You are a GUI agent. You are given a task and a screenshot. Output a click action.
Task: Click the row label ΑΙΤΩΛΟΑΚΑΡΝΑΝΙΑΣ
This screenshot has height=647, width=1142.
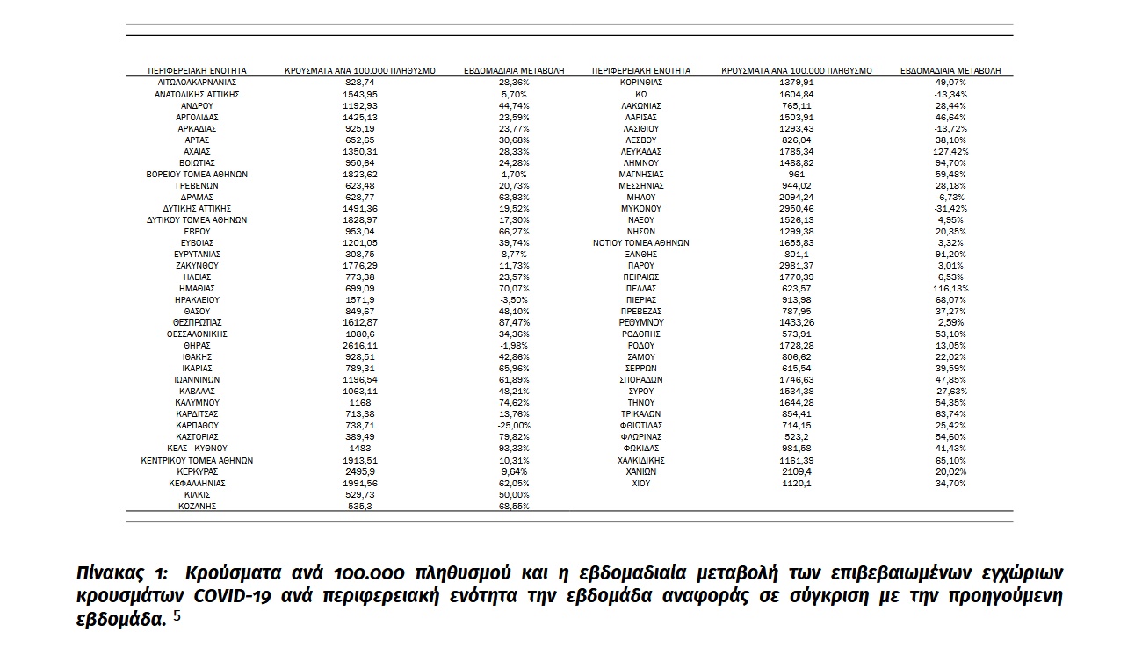pos(197,82)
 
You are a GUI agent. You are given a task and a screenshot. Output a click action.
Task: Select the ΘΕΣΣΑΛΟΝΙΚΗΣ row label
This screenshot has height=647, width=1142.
pos(197,334)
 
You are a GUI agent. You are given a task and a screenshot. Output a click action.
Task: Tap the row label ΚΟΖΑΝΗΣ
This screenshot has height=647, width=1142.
pos(197,507)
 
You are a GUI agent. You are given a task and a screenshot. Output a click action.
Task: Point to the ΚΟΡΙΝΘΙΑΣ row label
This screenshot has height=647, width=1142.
pos(640,82)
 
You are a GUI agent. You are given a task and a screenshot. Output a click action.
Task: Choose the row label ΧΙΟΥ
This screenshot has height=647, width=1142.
pos(640,484)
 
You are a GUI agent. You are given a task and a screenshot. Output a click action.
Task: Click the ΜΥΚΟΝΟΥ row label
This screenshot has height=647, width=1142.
pos(640,208)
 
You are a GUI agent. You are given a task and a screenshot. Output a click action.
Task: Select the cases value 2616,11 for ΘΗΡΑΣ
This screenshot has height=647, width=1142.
pos(362,346)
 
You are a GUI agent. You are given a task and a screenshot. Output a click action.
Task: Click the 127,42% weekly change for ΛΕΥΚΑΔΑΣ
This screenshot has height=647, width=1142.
pos(950,151)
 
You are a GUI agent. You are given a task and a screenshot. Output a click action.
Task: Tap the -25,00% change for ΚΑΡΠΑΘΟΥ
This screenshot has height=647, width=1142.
pos(514,426)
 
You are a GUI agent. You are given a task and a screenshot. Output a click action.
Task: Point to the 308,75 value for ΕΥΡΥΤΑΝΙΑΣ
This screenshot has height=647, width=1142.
pos(362,254)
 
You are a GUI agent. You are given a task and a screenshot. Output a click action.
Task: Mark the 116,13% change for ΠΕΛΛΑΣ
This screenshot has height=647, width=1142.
pos(950,288)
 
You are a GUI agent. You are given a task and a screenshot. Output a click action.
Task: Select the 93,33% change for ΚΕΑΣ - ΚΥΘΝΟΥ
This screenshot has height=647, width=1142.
pos(514,449)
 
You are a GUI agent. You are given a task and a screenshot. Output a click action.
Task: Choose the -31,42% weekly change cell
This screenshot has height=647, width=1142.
pos(950,208)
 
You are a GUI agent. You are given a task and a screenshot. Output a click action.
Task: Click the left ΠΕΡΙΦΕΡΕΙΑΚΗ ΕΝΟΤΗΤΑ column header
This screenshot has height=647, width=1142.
pos(197,70)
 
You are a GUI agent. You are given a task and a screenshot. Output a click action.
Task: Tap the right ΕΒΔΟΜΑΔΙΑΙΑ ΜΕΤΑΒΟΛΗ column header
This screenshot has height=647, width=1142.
pos(950,70)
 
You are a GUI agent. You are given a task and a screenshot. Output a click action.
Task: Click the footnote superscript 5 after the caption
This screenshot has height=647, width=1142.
pos(177,616)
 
